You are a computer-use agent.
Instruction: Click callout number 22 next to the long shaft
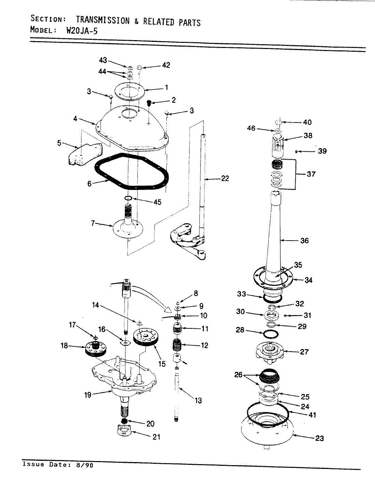pos(225,178)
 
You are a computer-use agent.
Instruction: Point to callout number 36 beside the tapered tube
pos(304,241)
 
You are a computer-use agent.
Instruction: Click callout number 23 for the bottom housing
pos(319,438)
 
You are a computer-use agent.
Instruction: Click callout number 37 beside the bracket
pos(311,174)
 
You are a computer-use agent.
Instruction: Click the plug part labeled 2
pos(149,103)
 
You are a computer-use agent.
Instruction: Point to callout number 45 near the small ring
pos(157,202)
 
